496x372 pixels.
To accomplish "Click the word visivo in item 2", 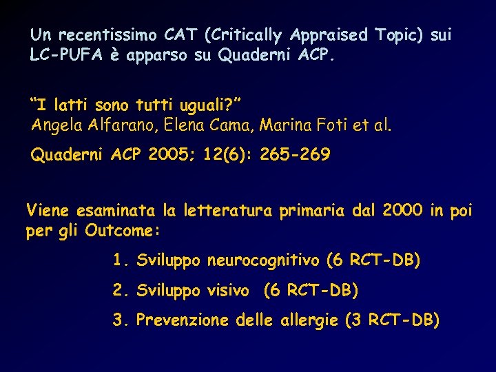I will tap(228, 291).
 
